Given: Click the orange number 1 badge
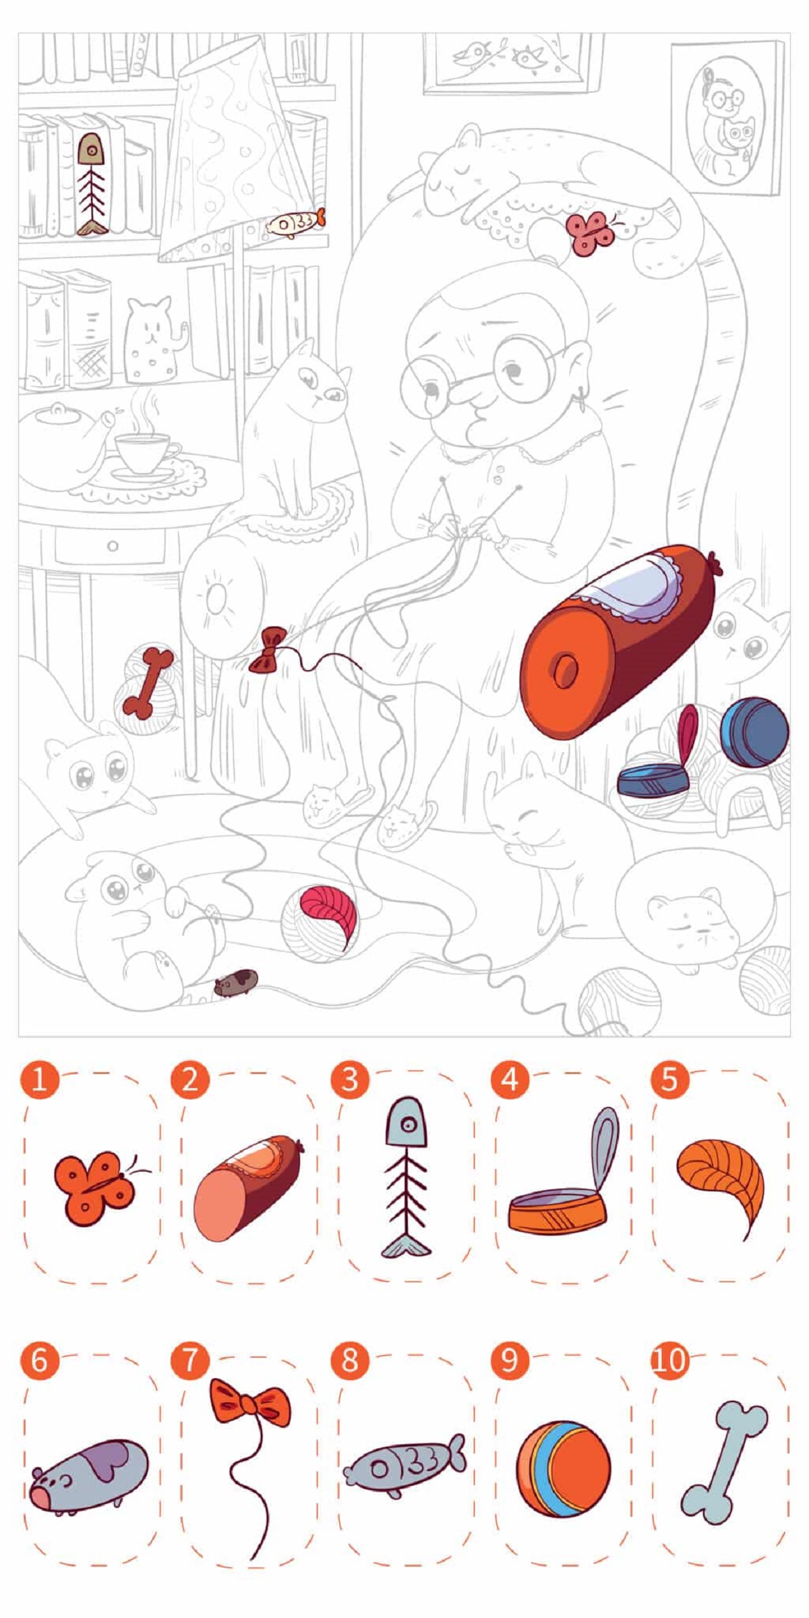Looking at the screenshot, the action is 40,1079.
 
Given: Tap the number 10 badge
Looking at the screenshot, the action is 669,1360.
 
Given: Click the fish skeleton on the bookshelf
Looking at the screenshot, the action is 91,183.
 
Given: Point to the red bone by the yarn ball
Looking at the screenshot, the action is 147,682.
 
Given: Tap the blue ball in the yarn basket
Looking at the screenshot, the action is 754,732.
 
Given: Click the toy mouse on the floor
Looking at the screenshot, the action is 235,982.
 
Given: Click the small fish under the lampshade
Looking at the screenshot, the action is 296,222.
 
